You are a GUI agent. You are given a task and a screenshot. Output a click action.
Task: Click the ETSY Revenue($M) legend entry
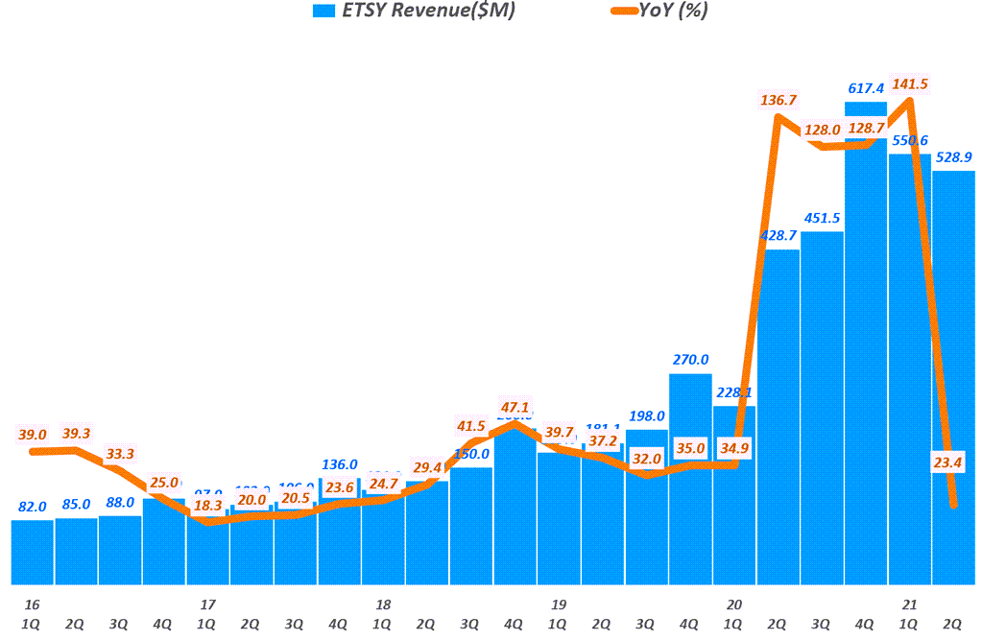pos(413,12)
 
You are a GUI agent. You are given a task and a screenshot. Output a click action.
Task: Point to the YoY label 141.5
pos(910,84)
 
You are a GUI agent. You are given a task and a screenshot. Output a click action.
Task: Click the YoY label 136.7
pos(778,100)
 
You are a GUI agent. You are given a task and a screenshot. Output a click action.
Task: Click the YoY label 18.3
pos(206,505)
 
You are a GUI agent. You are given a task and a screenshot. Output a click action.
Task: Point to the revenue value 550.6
pos(909,140)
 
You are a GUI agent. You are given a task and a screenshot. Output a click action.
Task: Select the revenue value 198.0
pos(646,416)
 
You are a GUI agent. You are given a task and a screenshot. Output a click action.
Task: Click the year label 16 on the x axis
pos(32,605)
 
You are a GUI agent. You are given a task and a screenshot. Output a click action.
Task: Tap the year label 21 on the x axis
pos(909,605)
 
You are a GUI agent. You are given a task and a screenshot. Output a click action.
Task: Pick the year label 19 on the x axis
pos(558,605)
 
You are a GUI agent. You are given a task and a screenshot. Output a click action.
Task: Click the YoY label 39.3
pos(76,434)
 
